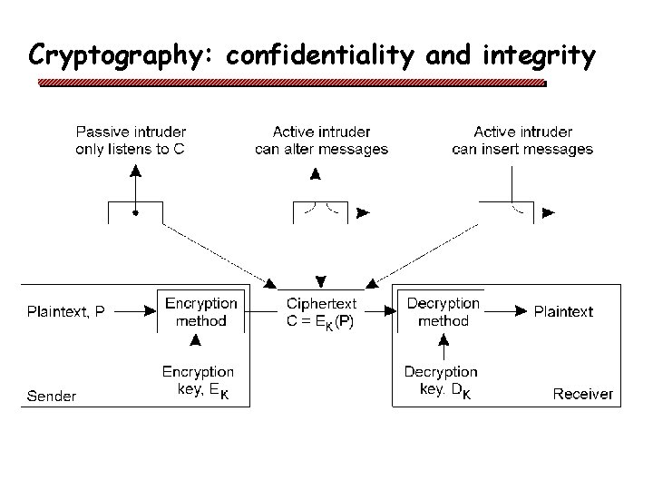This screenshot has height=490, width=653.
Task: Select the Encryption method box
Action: (201, 311)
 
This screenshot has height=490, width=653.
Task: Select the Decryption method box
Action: (443, 311)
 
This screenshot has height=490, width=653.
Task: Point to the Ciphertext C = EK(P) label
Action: (321, 312)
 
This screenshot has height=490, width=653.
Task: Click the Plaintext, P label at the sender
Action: (66, 311)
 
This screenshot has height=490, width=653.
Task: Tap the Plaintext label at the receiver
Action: (563, 311)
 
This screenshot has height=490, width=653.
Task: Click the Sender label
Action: (52, 395)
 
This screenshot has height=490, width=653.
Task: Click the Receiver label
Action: (583, 395)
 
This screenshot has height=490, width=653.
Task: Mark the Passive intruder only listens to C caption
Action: (131, 141)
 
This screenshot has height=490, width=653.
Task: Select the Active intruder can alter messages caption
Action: (321, 141)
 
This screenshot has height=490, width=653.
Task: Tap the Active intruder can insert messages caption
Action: (522, 141)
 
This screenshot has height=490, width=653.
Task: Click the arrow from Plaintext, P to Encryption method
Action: (137, 311)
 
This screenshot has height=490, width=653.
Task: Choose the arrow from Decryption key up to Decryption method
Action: (443, 348)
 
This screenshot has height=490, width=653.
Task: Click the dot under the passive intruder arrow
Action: (135, 213)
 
